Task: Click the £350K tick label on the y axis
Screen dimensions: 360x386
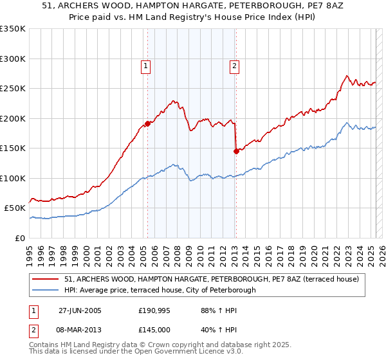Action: [13, 29]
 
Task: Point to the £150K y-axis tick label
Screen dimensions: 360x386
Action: [13, 148]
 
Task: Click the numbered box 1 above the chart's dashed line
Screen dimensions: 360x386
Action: [146, 65]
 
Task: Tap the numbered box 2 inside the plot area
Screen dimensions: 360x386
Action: [234, 65]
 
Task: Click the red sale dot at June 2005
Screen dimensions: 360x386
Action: [148, 123]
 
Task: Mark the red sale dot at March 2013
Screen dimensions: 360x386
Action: [235, 151]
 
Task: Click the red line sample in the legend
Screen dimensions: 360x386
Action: [47, 279]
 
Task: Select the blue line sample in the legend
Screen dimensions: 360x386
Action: [47, 290]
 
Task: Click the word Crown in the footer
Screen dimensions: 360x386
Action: [169, 346]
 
